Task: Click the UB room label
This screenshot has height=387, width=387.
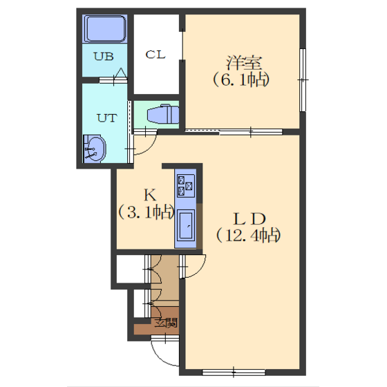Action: [x=104, y=57]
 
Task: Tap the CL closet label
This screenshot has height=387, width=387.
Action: [x=155, y=55]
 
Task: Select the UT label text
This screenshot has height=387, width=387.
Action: [x=107, y=118]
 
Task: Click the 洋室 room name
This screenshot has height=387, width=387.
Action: [x=243, y=63]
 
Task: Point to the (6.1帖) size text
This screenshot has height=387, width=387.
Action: [x=241, y=79]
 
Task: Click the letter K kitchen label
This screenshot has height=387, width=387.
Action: [x=150, y=195]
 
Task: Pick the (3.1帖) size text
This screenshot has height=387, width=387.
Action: [x=146, y=212]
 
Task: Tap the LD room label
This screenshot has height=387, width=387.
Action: [x=249, y=218]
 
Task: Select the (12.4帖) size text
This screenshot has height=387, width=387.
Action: [x=248, y=236]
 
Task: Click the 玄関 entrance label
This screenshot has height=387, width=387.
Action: [x=166, y=323]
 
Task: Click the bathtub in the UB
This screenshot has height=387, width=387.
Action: [x=105, y=28]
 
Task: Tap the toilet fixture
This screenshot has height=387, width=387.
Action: [x=163, y=114]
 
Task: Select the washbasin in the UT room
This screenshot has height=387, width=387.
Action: [x=94, y=149]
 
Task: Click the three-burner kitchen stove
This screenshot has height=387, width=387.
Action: [x=186, y=186]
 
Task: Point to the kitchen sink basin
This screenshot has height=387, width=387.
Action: [x=186, y=226]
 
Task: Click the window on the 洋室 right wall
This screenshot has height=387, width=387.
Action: [x=303, y=80]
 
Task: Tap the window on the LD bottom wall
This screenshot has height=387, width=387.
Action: [x=234, y=372]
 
